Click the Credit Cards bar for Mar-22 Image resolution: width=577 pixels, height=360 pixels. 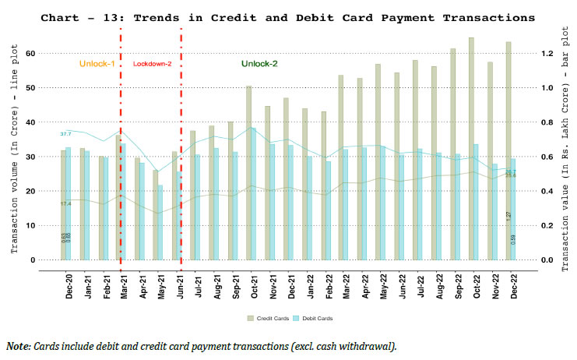pyautogui.click(x=341, y=167)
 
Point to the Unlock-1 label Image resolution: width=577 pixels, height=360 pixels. pyautogui.click(x=97, y=64)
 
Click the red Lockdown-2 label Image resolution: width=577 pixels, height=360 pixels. pyautogui.click(x=151, y=64)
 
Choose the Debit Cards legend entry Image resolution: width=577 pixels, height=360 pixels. pyautogui.click(x=316, y=318)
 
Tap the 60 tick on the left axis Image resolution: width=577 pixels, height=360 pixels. pyautogui.click(x=32, y=53)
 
